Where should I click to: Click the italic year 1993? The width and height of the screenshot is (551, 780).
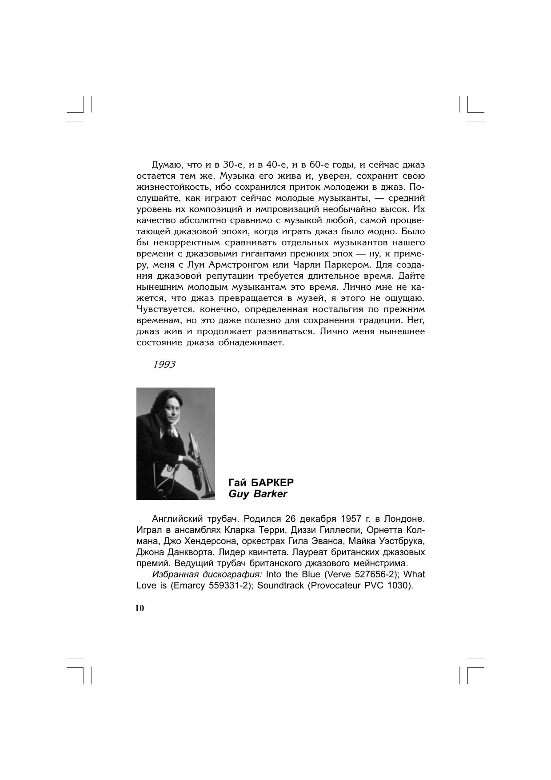click(164, 365)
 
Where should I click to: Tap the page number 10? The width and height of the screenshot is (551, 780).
click(140, 608)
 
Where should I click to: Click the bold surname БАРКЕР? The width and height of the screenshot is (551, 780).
click(272, 483)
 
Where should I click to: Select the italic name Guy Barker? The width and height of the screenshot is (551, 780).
click(258, 494)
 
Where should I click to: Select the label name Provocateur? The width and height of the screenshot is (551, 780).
click(335, 585)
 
